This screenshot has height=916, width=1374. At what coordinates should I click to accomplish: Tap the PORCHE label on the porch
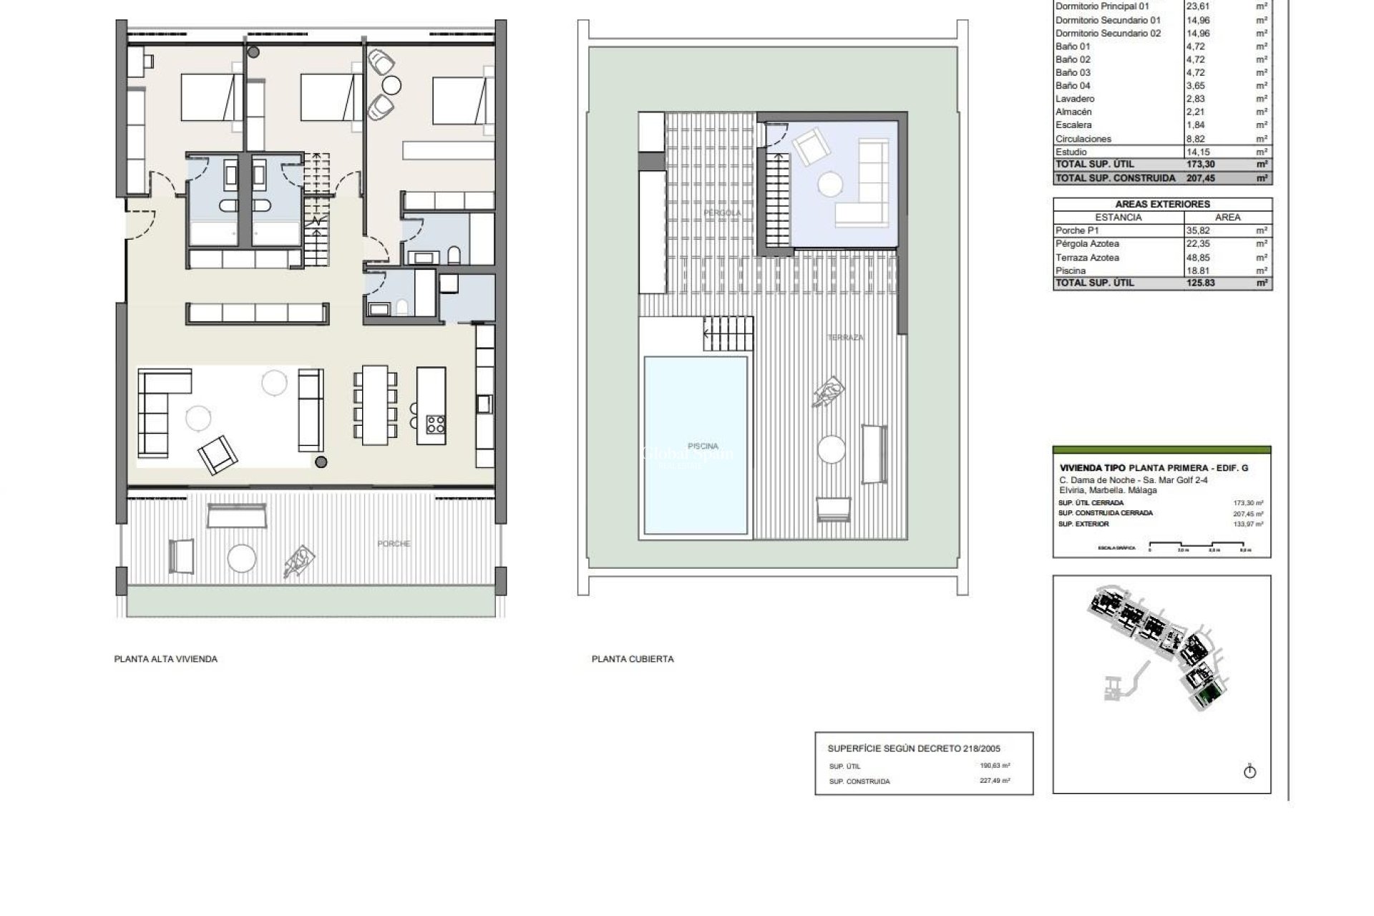pos(394,544)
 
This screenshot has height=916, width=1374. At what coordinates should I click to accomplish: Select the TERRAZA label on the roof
pos(845,337)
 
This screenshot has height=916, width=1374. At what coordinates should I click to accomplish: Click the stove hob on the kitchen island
pos(435,424)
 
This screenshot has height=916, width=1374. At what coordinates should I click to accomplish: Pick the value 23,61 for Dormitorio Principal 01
pos(1198,6)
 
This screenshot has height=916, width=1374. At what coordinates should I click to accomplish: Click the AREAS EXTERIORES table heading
pos(1162,204)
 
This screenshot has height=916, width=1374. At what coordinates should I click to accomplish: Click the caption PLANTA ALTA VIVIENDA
pos(165,659)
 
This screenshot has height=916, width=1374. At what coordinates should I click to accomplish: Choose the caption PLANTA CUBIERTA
pos(633,659)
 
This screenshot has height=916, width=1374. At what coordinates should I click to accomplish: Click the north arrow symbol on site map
pos(1250,771)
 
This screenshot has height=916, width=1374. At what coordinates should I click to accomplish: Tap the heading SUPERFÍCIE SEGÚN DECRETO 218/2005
pos(913,749)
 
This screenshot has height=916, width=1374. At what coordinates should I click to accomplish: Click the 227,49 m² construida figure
pos(995,781)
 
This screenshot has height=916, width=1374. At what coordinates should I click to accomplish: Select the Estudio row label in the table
pos(1071,152)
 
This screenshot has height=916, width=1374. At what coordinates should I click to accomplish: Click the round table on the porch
pos(241,557)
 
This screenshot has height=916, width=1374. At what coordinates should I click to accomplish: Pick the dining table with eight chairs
pos(375,404)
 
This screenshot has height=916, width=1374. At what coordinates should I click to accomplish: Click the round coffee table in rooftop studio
pos(831,185)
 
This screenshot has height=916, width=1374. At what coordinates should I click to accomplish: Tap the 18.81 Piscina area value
pos(1199,271)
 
